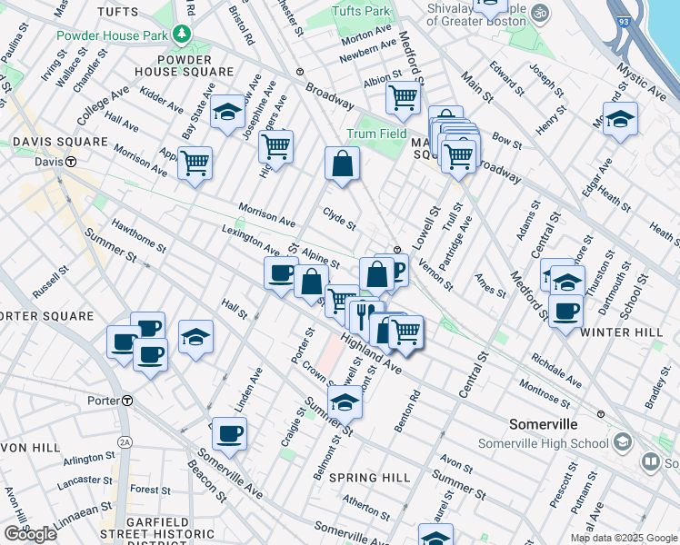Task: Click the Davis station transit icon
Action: (69, 162)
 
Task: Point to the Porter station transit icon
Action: (128, 401)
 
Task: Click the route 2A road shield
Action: (125, 442)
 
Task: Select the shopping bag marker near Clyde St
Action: (343, 164)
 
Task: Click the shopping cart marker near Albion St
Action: (402, 96)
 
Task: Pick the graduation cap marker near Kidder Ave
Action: (227, 112)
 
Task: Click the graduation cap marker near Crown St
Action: (345, 401)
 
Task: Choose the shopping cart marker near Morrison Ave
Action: (195, 163)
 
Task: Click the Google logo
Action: (30, 534)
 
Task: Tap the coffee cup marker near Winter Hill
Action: (565, 311)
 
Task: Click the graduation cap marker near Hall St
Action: (195, 337)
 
